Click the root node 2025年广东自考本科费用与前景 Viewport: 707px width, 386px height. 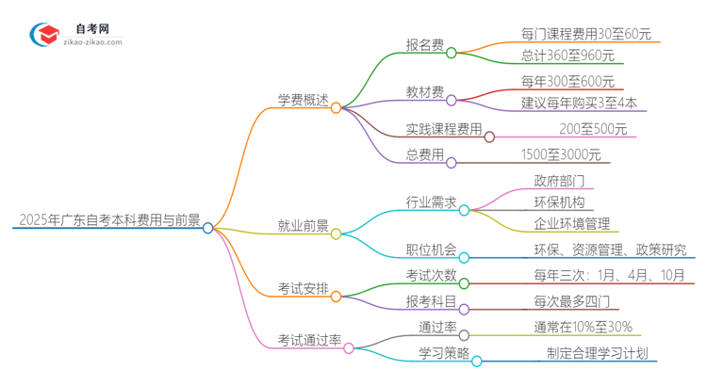pos(107,222)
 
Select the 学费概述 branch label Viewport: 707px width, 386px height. pos(303,101)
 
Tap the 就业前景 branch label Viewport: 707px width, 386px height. pos(303,226)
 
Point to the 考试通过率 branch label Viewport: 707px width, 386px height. pos(308,340)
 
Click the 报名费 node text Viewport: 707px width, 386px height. pos(425,44)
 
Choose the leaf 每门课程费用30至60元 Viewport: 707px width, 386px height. pos(585,34)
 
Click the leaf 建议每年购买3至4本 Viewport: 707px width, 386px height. pos(578,103)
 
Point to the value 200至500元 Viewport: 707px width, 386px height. pos(593,129)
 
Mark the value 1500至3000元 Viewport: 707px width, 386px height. pos(560,155)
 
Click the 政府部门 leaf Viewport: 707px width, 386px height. pos(563,181)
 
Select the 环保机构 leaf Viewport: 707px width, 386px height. pos(563,201)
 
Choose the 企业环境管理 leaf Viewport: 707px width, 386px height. pos(569,224)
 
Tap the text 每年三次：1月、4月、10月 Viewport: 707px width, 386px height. pos(596,276)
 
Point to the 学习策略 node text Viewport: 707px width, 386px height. pos(443,353)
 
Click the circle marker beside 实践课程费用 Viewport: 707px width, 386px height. pos(489,136)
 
